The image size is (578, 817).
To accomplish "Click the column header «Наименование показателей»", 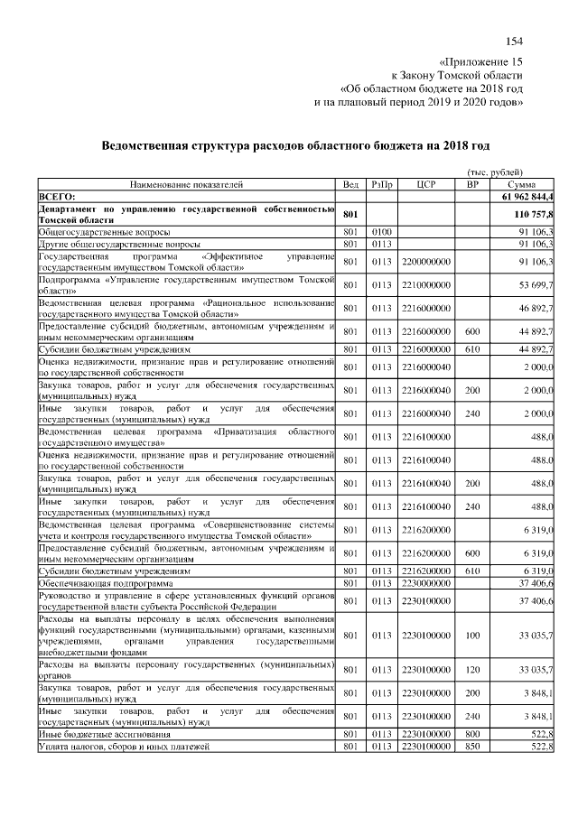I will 187,183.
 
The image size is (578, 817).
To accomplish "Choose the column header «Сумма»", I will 522,183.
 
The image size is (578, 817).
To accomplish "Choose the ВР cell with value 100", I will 471,636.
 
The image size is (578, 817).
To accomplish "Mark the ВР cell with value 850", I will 471,747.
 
